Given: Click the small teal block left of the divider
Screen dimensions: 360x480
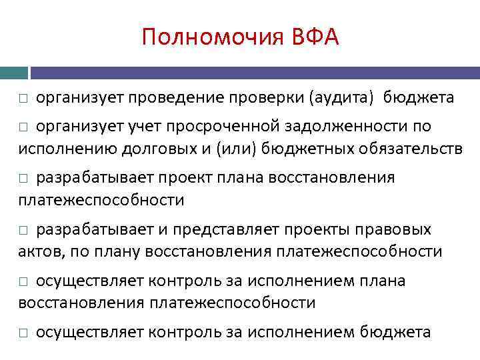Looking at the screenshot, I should pos(14,72).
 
